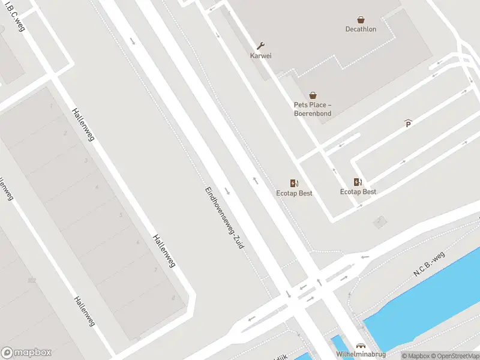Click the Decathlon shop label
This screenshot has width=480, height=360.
(x=361, y=29)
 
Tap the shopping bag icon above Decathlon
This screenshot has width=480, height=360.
(x=361, y=19)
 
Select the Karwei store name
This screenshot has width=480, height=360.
(x=261, y=56)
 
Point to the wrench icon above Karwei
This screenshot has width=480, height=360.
(x=261, y=46)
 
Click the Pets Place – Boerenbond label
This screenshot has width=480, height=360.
(x=312, y=109)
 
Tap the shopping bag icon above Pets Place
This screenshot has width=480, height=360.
(x=313, y=95)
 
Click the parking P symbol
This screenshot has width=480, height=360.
(x=409, y=124)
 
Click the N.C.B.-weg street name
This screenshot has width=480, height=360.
(x=430, y=264)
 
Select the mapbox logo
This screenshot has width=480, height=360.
(x=26, y=352)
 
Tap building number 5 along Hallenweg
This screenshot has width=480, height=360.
(x=121, y=215)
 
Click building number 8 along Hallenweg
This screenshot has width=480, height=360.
(x=173, y=297)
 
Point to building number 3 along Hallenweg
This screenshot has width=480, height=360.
(x=86, y=161)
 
